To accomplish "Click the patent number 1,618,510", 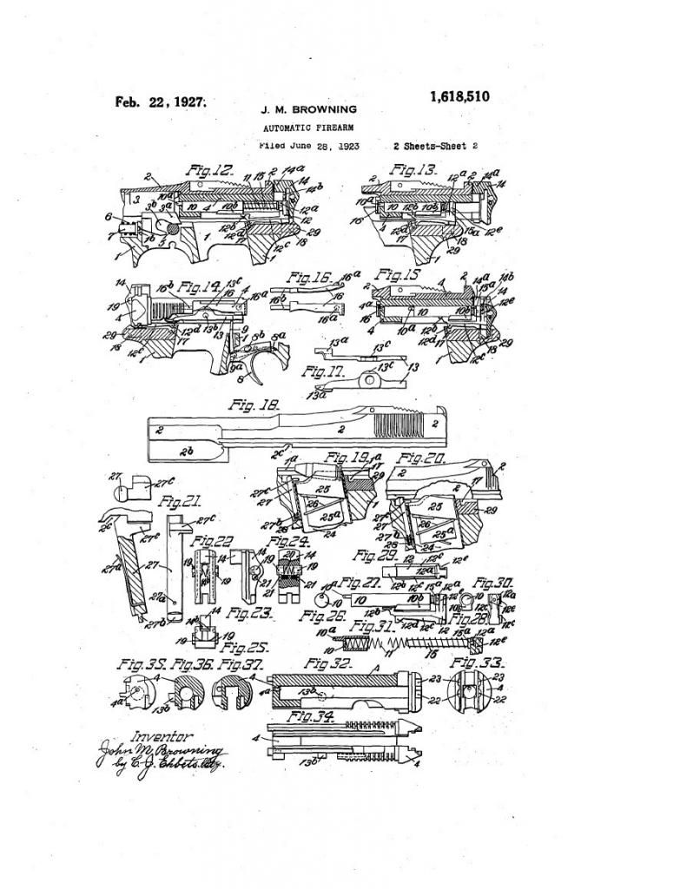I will (x=459, y=96).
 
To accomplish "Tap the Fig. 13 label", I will (x=412, y=168).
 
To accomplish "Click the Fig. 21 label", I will (x=177, y=501).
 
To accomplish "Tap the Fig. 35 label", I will (x=141, y=664).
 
